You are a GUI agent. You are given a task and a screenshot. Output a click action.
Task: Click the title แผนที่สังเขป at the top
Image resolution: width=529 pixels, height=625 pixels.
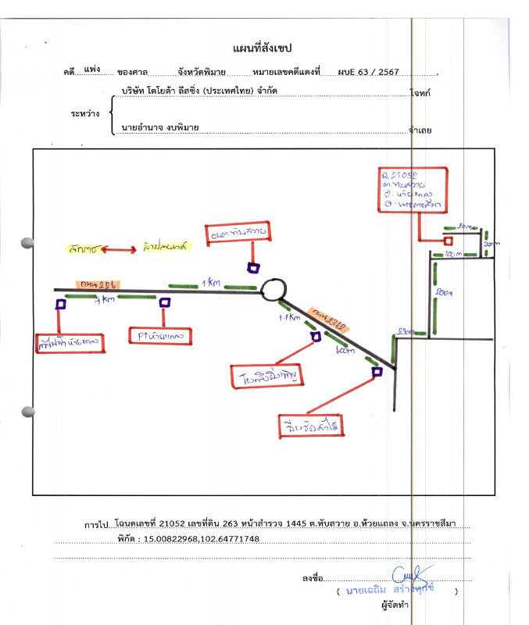(262, 49)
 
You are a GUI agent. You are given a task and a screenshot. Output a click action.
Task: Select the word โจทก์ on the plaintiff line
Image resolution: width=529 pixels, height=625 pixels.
(421, 92)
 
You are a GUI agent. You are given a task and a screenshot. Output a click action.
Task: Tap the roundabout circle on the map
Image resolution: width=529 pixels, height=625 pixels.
(273, 290)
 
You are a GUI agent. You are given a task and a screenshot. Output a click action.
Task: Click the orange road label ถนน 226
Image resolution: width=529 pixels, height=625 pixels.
(95, 284)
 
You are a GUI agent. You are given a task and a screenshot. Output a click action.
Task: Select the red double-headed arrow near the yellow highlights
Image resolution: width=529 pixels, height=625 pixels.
(117, 249)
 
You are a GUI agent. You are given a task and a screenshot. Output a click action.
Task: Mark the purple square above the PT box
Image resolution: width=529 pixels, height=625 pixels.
(164, 302)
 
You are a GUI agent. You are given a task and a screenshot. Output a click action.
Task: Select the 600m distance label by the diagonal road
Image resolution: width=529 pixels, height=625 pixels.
(344, 352)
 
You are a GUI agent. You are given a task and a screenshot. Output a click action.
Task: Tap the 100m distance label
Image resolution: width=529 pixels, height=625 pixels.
(453, 255)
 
